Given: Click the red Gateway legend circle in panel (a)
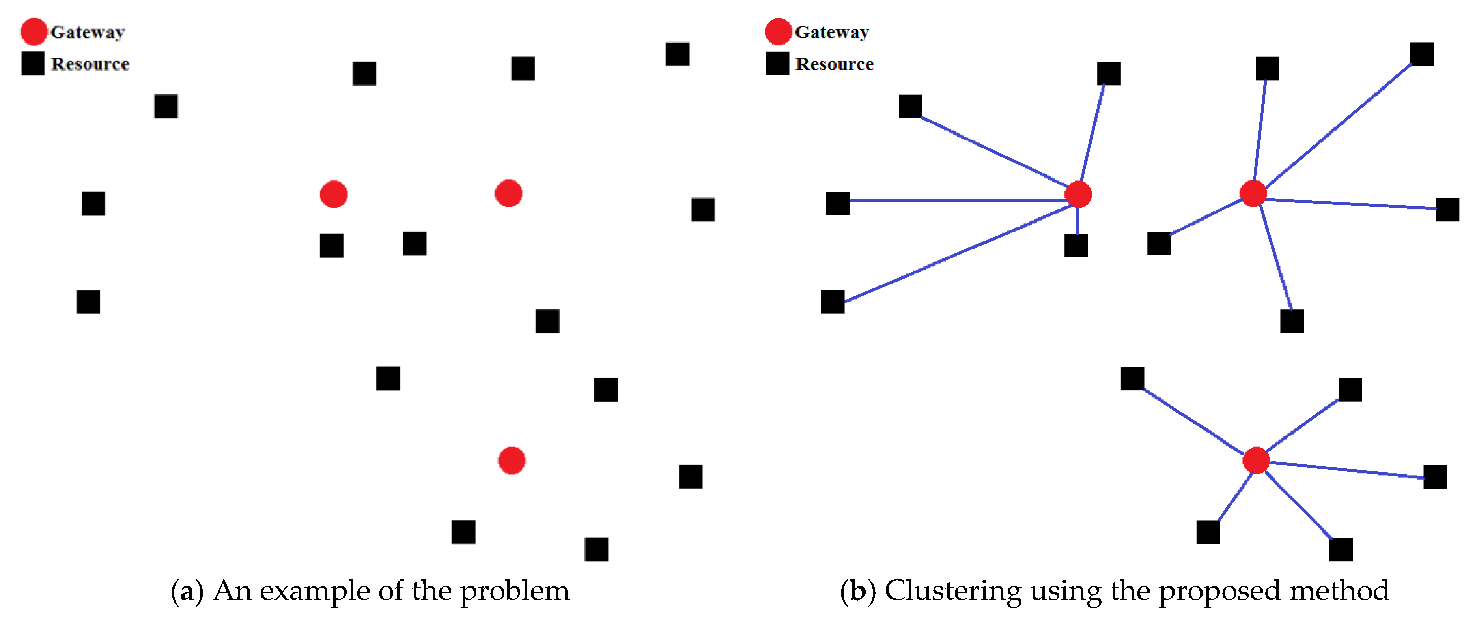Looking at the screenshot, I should [34, 32].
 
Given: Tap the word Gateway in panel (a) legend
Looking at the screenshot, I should [87, 32].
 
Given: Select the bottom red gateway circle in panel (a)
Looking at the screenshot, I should [512, 460].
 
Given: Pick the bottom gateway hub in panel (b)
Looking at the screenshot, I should [1256, 460].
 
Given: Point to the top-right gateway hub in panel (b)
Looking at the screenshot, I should [1253, 193].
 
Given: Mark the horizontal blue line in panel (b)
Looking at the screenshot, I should [958, 200].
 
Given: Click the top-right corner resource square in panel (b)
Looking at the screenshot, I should [1422, 54].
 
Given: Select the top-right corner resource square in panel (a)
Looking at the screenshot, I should [677, 54].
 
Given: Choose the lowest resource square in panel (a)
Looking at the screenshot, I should [596, 549].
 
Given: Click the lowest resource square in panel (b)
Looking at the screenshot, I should [1341, 549].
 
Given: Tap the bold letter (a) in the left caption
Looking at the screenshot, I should [187, 591].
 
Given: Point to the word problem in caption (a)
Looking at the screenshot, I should [514, 591].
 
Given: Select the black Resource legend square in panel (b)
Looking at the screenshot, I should [777, 63].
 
